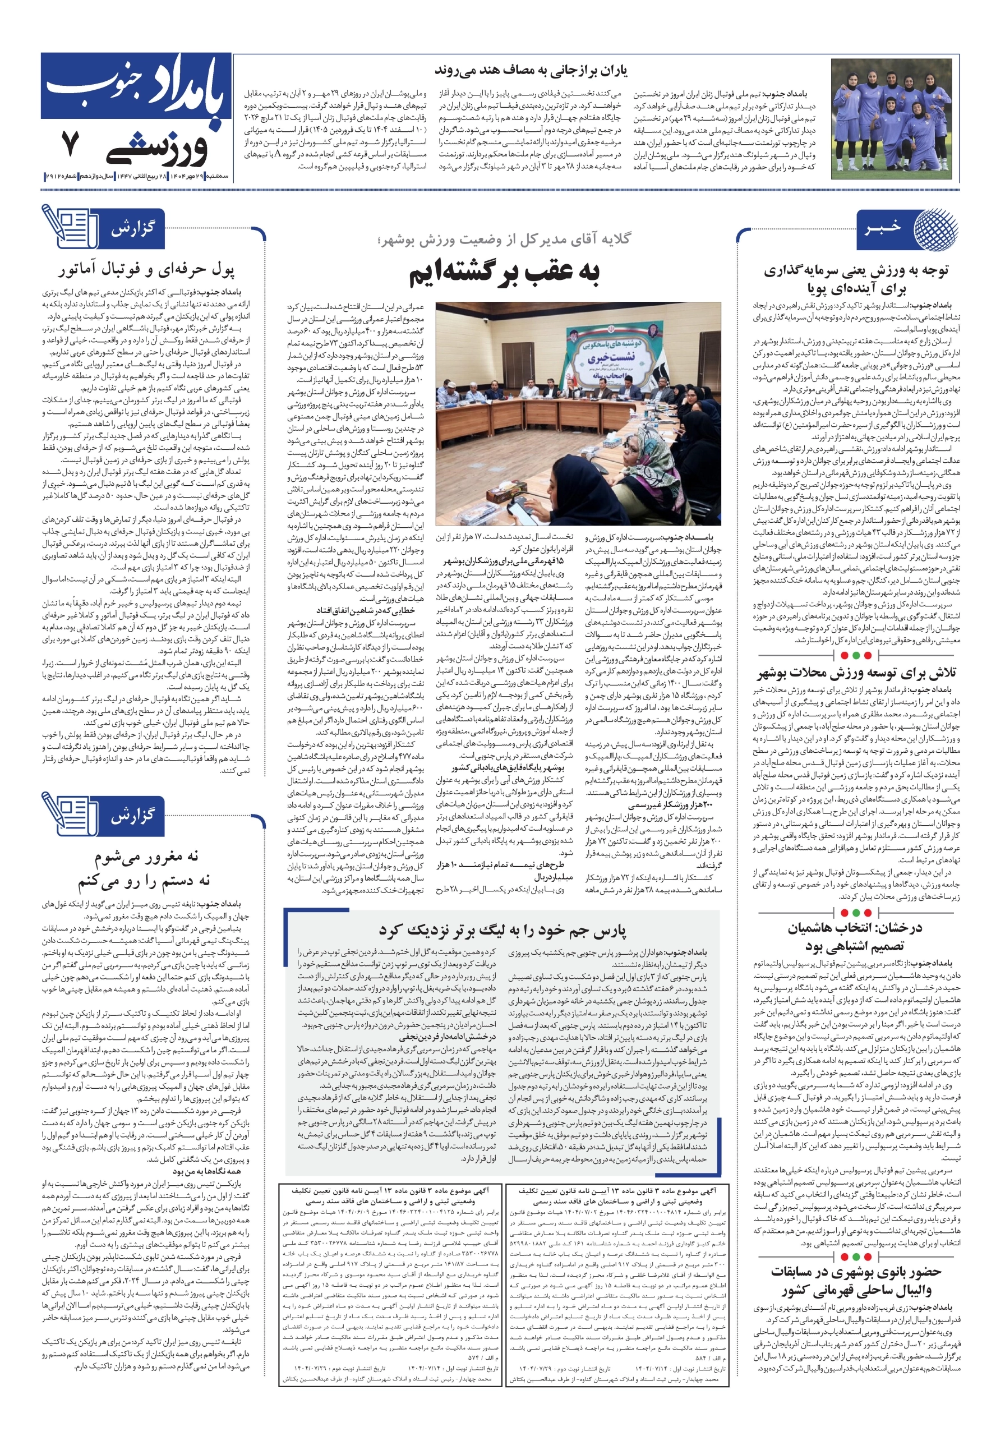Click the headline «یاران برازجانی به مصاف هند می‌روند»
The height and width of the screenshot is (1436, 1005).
(x=531, y=71)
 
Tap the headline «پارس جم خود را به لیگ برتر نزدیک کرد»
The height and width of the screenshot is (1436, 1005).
(x=502, y=931)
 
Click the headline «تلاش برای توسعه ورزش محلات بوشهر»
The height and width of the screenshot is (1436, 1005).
(x=857, y=674)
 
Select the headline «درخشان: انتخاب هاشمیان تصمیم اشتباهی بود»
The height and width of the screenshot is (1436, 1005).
(x=855, y=936)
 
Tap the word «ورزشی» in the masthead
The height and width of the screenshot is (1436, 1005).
(x=156, y=149)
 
